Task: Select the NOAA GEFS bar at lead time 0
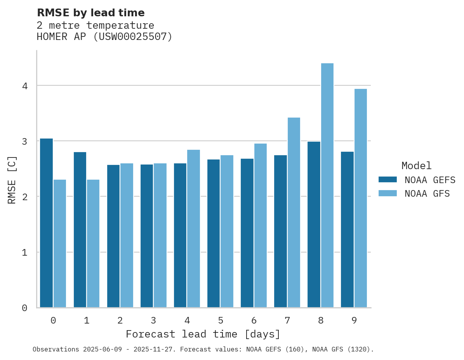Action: (x=46, y=223)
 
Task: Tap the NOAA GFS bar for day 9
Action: (x=360, y=198)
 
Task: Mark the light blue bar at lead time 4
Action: (x=193, y=228)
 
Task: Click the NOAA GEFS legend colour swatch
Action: (x=388, y=180)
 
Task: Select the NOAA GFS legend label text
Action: (x=427, y=194)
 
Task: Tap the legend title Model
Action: (x=416, y=166)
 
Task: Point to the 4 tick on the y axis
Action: (x=25, y=86)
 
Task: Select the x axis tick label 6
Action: (x=254, y=320)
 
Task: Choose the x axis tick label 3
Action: (x=153, y=320)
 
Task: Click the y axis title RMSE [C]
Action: (x=12, y=180)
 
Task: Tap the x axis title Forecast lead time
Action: (x=203, y=334)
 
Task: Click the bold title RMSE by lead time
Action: (x=90, y=13)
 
